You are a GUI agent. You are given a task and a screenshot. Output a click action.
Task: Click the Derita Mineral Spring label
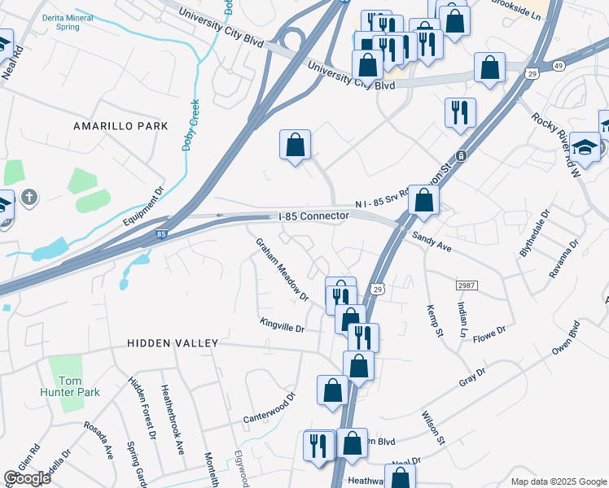[56, 22]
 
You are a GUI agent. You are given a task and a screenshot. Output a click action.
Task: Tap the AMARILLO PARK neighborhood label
[120, 126]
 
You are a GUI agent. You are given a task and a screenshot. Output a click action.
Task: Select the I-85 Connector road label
[313, 216]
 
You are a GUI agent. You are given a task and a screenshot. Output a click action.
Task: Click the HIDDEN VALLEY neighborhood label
[173, 343]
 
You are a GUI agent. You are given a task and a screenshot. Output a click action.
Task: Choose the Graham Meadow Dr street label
[283, 269]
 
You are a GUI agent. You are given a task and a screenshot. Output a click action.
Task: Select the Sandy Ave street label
[432, 240]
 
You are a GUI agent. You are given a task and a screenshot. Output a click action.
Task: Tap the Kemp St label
[433, 321]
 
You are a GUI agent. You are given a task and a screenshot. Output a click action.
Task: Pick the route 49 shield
[535, 66]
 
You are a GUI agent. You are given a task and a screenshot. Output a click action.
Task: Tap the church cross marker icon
[28, 197]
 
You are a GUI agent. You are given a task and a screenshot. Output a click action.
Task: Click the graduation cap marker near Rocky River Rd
[585, 146]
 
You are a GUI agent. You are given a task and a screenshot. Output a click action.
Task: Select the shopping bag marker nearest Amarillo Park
[296, 146]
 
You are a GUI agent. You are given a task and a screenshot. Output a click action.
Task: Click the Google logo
[27, 478]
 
